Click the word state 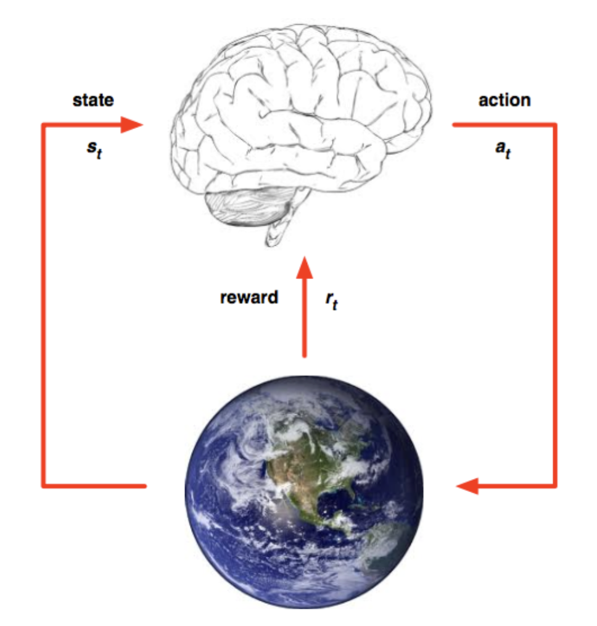(x=93, y=100)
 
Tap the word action (x=504, y=100)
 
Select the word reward (x=249, y=298)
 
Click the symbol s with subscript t (x=94, y=149)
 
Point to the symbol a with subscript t (x=503, y=149)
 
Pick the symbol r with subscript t (x=332, y=301)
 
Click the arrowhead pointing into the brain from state (x=131, y=125)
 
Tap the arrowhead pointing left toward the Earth (x=467, y=486)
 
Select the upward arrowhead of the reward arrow (x=304, y=267)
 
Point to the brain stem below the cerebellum (x=278, y=233)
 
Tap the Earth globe (x=304, y=492)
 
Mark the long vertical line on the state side (x=43, y=306)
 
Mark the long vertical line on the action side (x=554, y=306)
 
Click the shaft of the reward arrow (x=304, y=317)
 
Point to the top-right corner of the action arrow (x=554, y=125)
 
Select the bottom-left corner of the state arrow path (x=43, y=486)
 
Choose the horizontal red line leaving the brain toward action (x=503, y=125)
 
